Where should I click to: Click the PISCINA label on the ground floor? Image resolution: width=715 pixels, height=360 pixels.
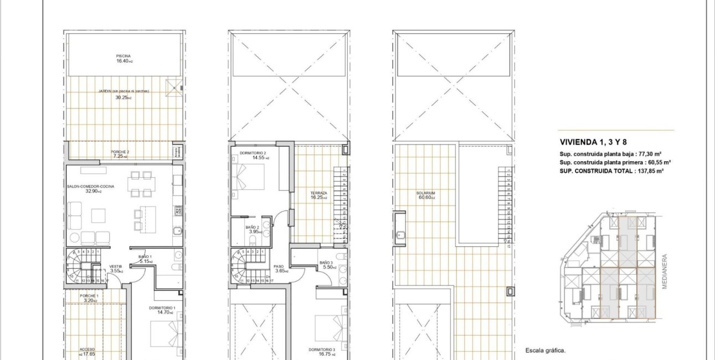(123, 56)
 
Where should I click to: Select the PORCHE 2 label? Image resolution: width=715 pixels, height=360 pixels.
(120, 152)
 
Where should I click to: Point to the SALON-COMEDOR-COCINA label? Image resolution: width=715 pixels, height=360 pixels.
(90, 187)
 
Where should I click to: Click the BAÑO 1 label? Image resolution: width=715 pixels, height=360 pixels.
(145, 256)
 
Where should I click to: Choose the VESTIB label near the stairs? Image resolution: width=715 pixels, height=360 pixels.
(116, 266)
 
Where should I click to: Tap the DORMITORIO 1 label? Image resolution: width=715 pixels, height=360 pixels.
(162, 308)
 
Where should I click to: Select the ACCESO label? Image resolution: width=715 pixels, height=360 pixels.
(87, 349)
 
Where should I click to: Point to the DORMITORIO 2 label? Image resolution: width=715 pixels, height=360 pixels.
(253, 153)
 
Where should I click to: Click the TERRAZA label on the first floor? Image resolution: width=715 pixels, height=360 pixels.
(318, 193)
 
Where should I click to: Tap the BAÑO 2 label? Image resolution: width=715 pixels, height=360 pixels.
(252, 228)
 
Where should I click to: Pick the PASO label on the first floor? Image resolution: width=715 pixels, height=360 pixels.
(279, 266)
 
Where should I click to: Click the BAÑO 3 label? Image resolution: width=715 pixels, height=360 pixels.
(326, 263)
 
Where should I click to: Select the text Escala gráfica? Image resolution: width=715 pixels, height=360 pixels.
(546, 350)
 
